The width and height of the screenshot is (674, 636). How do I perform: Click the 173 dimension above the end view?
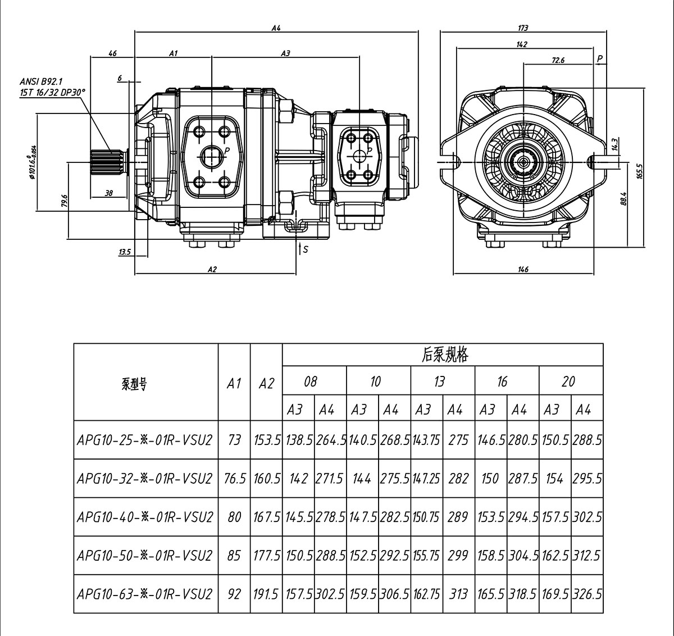pyautogui.click(x=523, y=28)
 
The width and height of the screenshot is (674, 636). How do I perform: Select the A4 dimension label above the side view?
pyautogui.click(x=276, y=28)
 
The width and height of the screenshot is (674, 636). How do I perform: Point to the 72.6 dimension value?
pyautogui.click(x=558, y=60)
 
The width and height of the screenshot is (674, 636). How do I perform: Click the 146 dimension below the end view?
pyautogui.click(x=523, y=270)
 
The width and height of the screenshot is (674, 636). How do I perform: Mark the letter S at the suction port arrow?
pyautogui.click(x=306, y=249)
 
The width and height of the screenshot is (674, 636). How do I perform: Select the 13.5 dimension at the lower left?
pyautogui.click(x=124, y=252)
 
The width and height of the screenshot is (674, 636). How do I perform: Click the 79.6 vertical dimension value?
pyautogui.click(x=64, y=201)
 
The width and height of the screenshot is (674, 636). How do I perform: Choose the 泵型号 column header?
pyautogui.click(x=134, y=384)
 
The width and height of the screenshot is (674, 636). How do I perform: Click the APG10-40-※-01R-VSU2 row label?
pyautogui.click(x=145, y=517)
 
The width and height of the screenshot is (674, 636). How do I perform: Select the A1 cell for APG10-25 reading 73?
pyautogui.click(x=234, y=440)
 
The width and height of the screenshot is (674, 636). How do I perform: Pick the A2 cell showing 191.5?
pyautogui.click(x=266, y=594)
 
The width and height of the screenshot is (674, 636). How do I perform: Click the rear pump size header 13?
pyautogui.click(x=439, y=382)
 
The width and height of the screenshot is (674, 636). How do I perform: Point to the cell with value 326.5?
pyautogui.click(x=587, y=594)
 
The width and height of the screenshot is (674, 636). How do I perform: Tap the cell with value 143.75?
pyautogui.click(x=427, y=440)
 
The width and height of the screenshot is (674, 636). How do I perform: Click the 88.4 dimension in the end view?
pyautogui.click(x=623, y=199)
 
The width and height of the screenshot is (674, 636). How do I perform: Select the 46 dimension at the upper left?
pyautogui.click(x=112, y=53)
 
